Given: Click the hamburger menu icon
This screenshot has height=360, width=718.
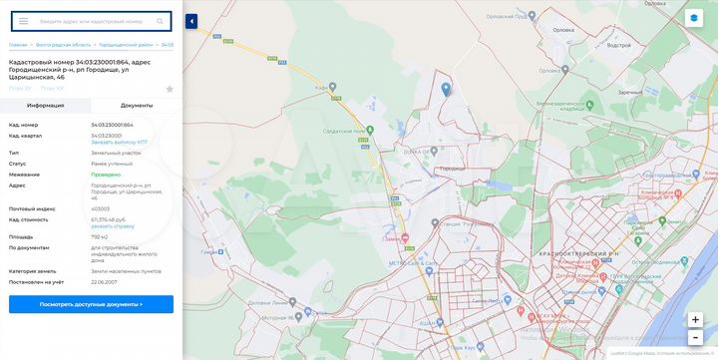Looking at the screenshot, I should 23,21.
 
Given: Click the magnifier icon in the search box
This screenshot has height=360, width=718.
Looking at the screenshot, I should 160,21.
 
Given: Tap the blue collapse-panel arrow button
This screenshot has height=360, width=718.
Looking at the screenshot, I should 191,21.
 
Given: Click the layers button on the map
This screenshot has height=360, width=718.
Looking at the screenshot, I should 694,18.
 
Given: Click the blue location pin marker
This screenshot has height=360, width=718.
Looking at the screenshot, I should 445,89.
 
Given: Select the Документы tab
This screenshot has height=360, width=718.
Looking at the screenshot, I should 137,105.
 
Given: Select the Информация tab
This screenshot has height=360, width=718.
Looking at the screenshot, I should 46,105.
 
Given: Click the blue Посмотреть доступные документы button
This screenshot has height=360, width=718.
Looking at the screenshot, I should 91,304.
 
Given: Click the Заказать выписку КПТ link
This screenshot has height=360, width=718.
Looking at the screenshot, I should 120,143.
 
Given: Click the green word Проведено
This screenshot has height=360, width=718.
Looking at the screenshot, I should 105,175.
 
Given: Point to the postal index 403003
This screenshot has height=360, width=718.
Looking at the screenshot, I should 101,208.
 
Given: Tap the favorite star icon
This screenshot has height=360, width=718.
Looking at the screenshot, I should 170,89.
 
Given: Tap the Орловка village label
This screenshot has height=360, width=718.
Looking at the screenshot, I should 564,30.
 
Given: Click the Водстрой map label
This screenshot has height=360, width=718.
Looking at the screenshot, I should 618,45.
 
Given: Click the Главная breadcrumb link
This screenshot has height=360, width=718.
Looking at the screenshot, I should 18,45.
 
